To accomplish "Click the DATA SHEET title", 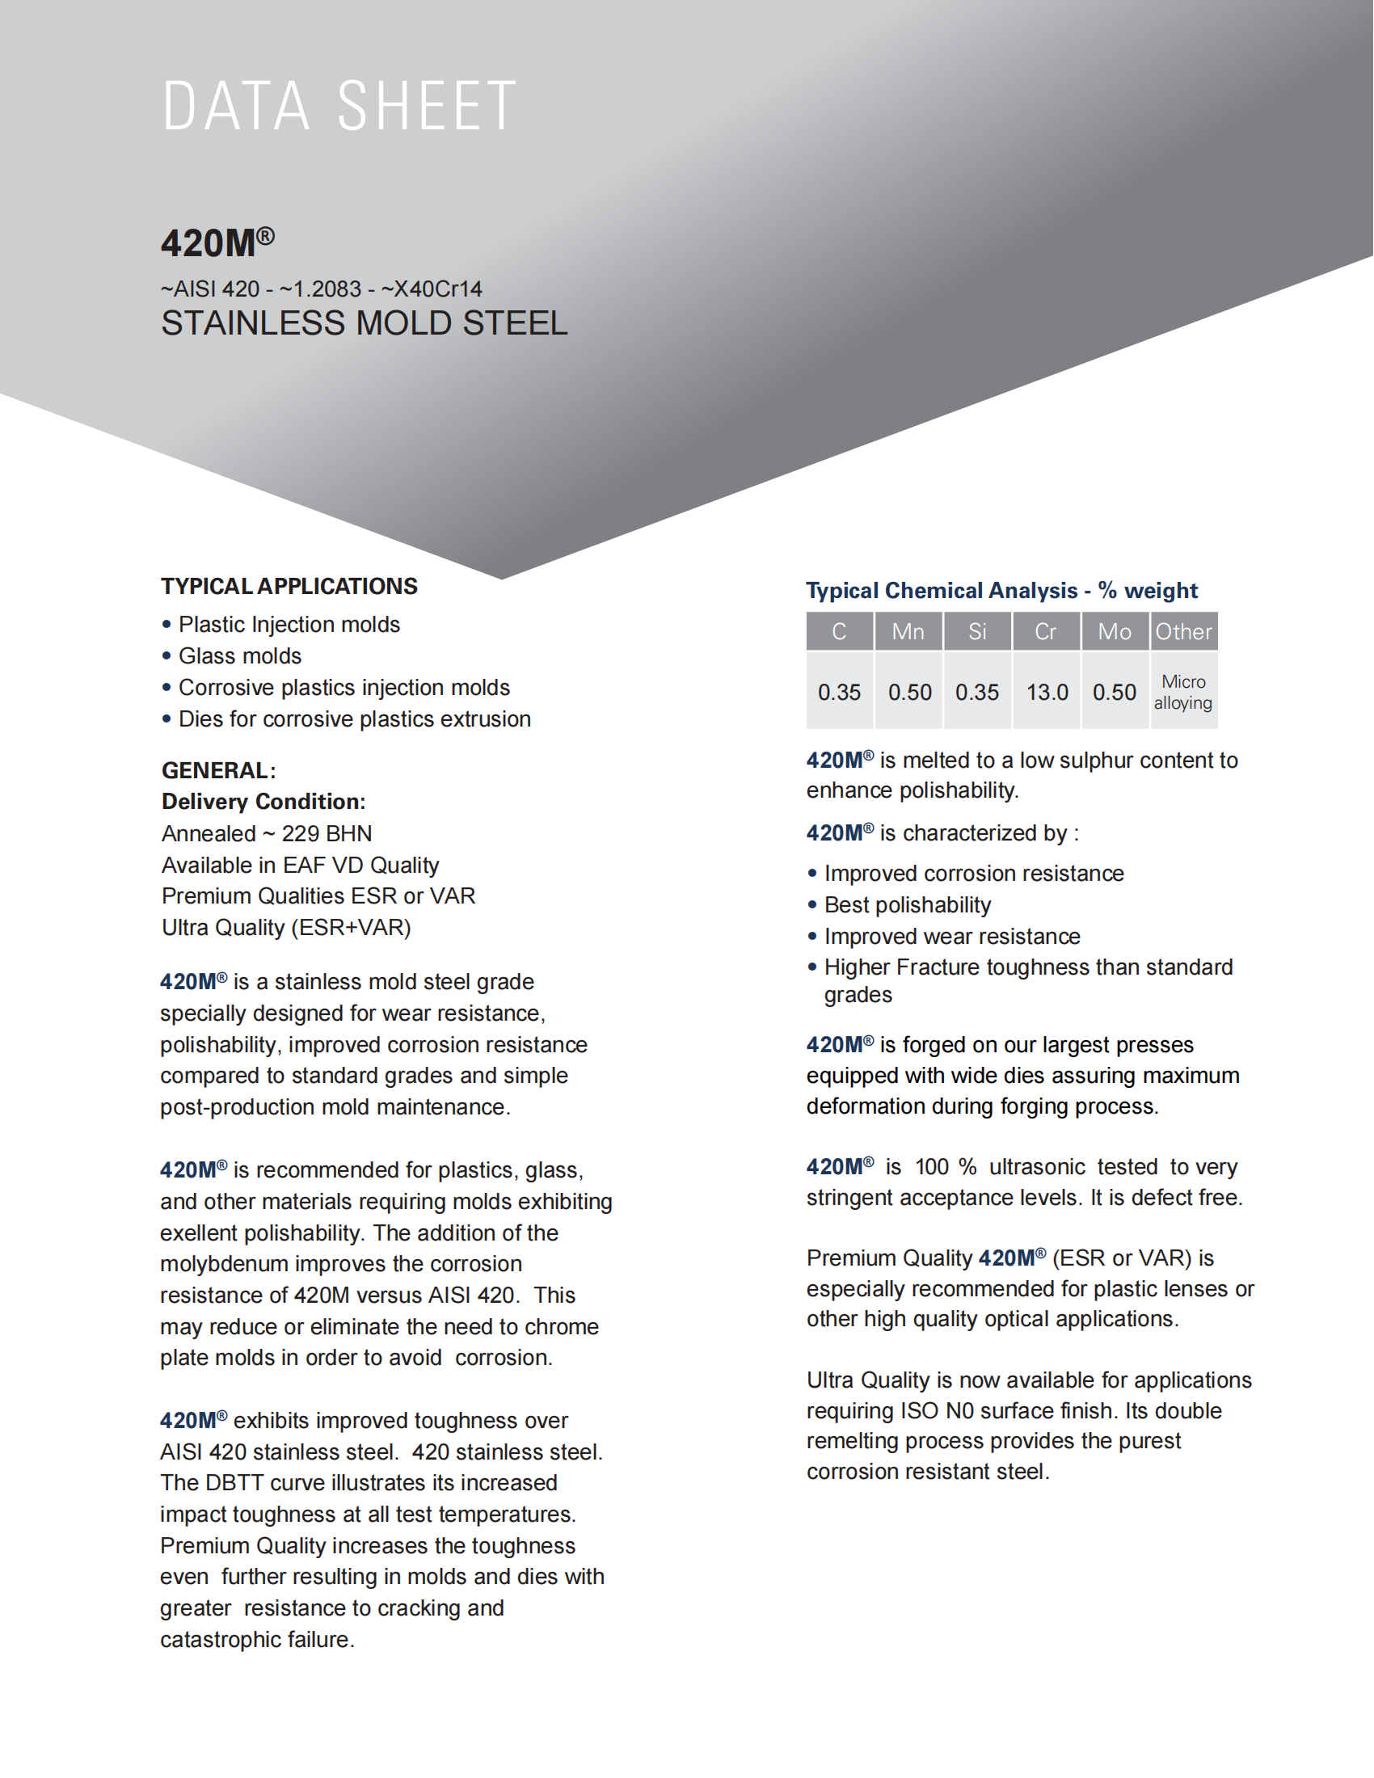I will click(339, 106).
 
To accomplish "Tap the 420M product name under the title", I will click(217, 242).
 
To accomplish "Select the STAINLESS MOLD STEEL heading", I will click(364, 323).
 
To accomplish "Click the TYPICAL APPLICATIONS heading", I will click(289, 586).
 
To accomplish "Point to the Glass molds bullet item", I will click(239, 656).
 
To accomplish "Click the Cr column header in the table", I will click(1045, 632).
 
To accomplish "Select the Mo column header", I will click(1115, 632).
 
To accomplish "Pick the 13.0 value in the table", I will click(1047, 692).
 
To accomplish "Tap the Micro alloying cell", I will click(1182, 692).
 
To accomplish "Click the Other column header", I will click(1183, 632).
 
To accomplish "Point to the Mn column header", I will click(908, 632).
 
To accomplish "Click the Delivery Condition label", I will click(263, 802).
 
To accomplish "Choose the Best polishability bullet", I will click(907, 905).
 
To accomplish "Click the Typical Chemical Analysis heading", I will click(1001, 590).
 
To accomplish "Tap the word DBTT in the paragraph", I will click(234, 1483).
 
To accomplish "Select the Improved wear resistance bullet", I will click(951, 936).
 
